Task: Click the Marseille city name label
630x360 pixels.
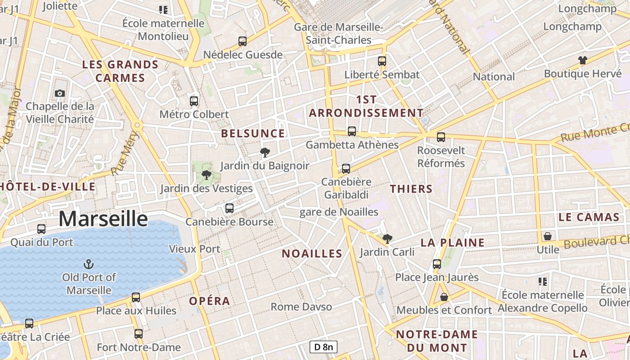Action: (x=103, y=219)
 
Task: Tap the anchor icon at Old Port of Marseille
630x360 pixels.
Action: (x=89, y=264)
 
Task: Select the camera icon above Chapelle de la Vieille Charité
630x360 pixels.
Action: (x=59, y=93)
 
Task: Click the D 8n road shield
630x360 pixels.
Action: (x=323, y=347)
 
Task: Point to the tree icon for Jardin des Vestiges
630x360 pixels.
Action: (x=207, y=175)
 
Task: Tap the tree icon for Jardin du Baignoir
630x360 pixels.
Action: (x=265, y=152)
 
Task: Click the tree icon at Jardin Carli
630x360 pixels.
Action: (x=387, y=238)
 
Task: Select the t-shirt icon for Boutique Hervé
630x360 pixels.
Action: (x=583, y=60)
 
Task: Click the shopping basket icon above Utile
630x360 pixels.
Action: (x=548, y=236)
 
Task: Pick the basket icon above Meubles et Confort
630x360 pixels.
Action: (x=444, y=297)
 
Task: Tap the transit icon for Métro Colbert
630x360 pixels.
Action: (x=194, y=101)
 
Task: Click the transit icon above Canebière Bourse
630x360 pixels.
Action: (x=229, y=208)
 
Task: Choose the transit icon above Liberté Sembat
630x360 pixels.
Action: (x=382, y=61)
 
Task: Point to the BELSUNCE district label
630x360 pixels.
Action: (x=253, y=134)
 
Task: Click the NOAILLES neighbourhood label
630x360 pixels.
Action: (x=312, y=254)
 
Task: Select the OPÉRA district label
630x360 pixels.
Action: (x=210, y=301)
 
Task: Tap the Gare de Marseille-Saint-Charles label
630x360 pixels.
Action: (x=338, y=34)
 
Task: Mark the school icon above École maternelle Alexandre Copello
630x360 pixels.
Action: (x=543, y=282)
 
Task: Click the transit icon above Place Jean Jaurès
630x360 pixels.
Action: (x=437, y=264)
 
